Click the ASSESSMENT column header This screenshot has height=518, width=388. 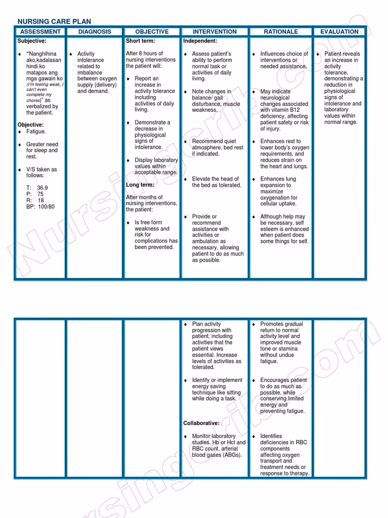click(x=40, y=31)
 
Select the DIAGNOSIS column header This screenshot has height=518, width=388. click(x=94, y=31)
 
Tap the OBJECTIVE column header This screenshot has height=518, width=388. click(x=152, y=31)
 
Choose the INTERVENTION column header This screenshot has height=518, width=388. click(x=215, y=31)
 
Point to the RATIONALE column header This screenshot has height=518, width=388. click(x=281, y=31)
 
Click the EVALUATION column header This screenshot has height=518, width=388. click(x=339, y=31)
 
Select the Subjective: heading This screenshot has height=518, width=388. click(x=32, y=41)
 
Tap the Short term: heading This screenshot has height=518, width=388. click(x=140, y=41)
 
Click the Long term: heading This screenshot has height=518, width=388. click(x=140, y=185)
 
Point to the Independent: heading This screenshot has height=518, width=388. click(x=200, y=41)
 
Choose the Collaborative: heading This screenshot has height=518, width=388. click(x=201, y=423)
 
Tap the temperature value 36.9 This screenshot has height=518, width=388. click(x=42, y=188)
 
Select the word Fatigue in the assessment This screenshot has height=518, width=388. click(x=36, y=132)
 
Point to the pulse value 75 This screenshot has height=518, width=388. click(x=40, y=194)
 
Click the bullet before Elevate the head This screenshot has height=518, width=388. click(x=185, y=179)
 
